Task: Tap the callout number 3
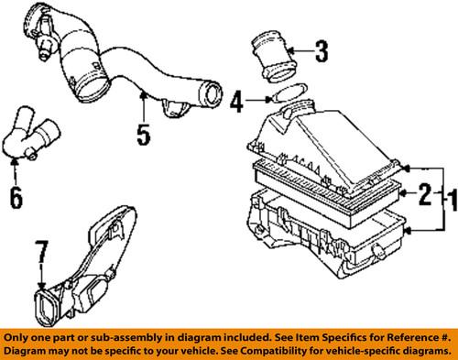click(x=319, y=53)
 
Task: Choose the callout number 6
click(x=16, y=196)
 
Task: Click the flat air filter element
click(x=325, y=188)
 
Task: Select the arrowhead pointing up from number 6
click(x=16, y=164)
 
